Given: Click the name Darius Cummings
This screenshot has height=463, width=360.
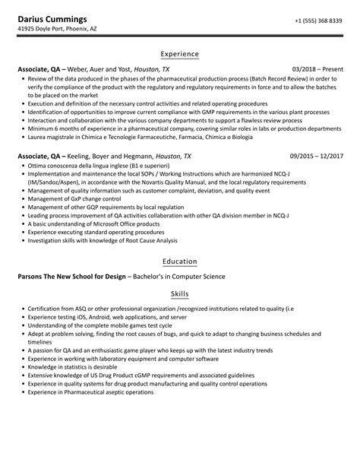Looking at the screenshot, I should tap(52, 19).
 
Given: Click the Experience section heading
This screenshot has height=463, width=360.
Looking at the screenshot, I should tap(180, 54).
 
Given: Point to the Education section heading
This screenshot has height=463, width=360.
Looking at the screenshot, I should tap(180, 261).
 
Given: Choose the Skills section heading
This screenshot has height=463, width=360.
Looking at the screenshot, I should tap(180, 293).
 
